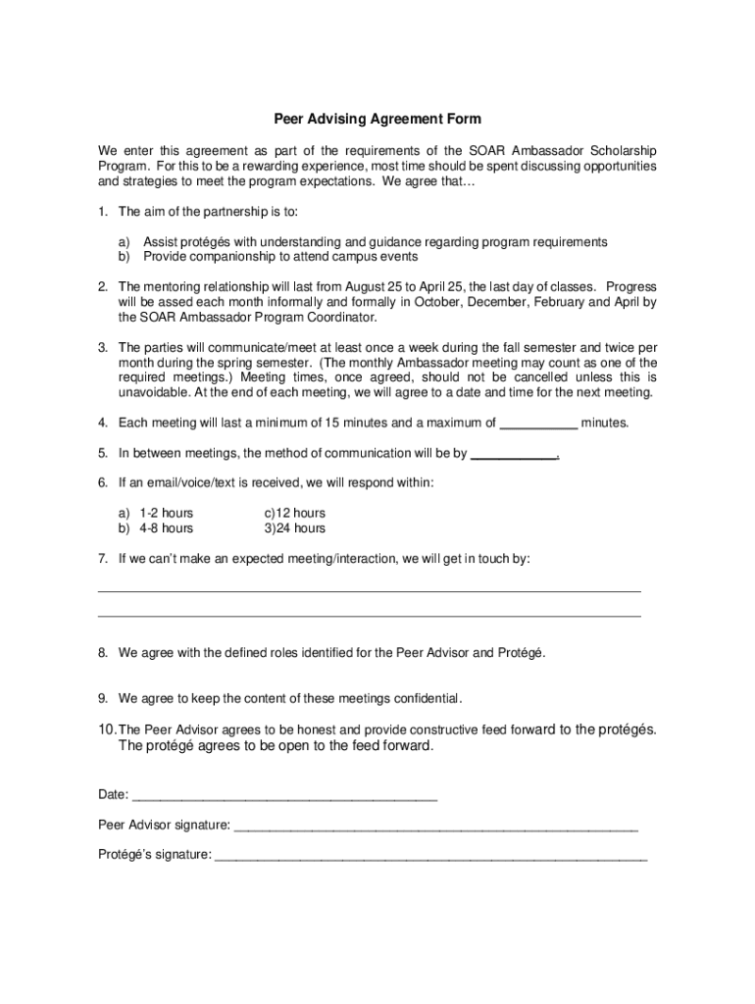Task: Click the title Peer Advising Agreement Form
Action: (x=377, y=120)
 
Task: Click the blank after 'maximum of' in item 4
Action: (x=538, y=424)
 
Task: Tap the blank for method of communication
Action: (x=515, y=454)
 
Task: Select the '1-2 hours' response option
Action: (x=166, y=513)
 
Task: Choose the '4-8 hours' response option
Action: (x=166, y=528)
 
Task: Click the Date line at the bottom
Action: (x=284, y=795)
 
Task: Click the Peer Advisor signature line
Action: (x=435, y=826)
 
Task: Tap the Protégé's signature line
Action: (x=430, y=855)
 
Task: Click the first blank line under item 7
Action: (x=370, y=589)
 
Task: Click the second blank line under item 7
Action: (x=370, y=614)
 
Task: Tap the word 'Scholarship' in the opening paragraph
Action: (x=625, y=150)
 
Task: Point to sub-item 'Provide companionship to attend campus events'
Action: (x=280, y=257)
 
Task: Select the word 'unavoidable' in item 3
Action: (x=152, y=392)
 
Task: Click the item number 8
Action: (x=103, y=652)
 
